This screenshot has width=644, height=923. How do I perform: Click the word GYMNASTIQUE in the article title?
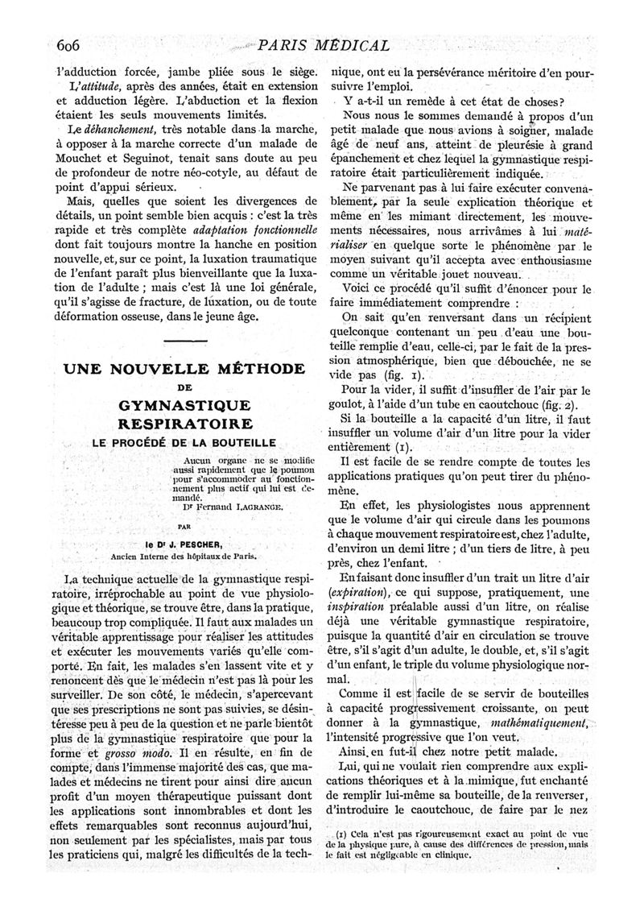pyautogui.click(x=183, y=404)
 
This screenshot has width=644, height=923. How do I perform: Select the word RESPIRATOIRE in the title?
pyautogui.click(x=184, y=424)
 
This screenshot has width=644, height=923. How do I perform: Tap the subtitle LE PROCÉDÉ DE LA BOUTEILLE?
pyautogui.click(x=184, y=443)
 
